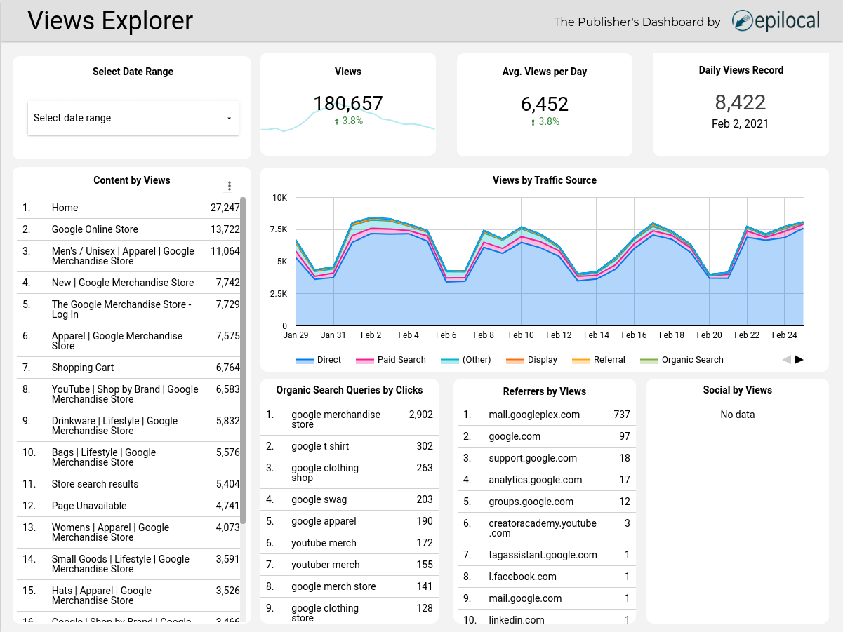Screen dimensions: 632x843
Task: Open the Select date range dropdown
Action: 133,118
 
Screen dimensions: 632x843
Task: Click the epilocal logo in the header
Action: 776,21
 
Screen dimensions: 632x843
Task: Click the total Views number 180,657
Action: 348,104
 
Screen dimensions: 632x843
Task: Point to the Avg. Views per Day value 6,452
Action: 545,105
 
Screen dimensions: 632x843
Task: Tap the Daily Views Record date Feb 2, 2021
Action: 740,124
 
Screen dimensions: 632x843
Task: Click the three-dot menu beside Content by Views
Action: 229,186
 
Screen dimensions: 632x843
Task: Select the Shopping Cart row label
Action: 83,368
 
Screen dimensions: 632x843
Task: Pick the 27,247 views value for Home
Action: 225,208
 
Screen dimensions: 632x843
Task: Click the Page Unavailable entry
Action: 89,506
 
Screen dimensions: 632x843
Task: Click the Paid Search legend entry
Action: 401,360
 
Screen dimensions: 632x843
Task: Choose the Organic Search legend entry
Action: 691,360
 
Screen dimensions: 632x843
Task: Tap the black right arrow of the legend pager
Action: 799,360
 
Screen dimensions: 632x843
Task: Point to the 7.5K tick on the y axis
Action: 279,229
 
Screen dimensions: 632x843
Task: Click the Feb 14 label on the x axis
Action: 596,335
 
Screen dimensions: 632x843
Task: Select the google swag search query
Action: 319,499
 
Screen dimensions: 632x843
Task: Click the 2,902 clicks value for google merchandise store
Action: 420,415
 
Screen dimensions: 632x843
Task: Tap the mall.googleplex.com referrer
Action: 534,415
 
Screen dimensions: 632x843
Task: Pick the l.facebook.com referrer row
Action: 522,577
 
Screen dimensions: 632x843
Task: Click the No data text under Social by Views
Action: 737,415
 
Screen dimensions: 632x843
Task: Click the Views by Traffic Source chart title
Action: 544,180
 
